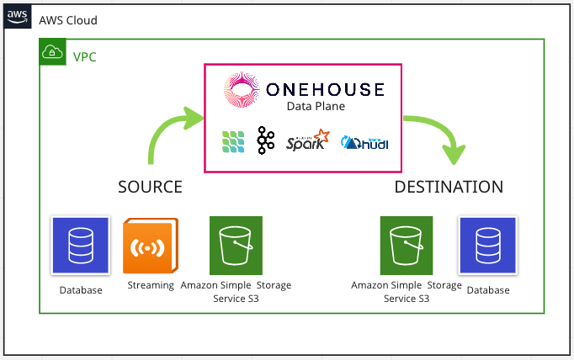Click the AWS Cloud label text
(68, 20)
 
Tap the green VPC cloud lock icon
(50, 52)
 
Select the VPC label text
(85, 57)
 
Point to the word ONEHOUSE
(325, 90)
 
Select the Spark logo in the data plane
(307, 140)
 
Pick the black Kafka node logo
(266, 141)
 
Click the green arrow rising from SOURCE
(169, 135)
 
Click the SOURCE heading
(150, 186)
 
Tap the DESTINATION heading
(449, 186)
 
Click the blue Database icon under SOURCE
(81, 246)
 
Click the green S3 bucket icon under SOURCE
(236, 246)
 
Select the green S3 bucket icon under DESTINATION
(407, 246)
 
